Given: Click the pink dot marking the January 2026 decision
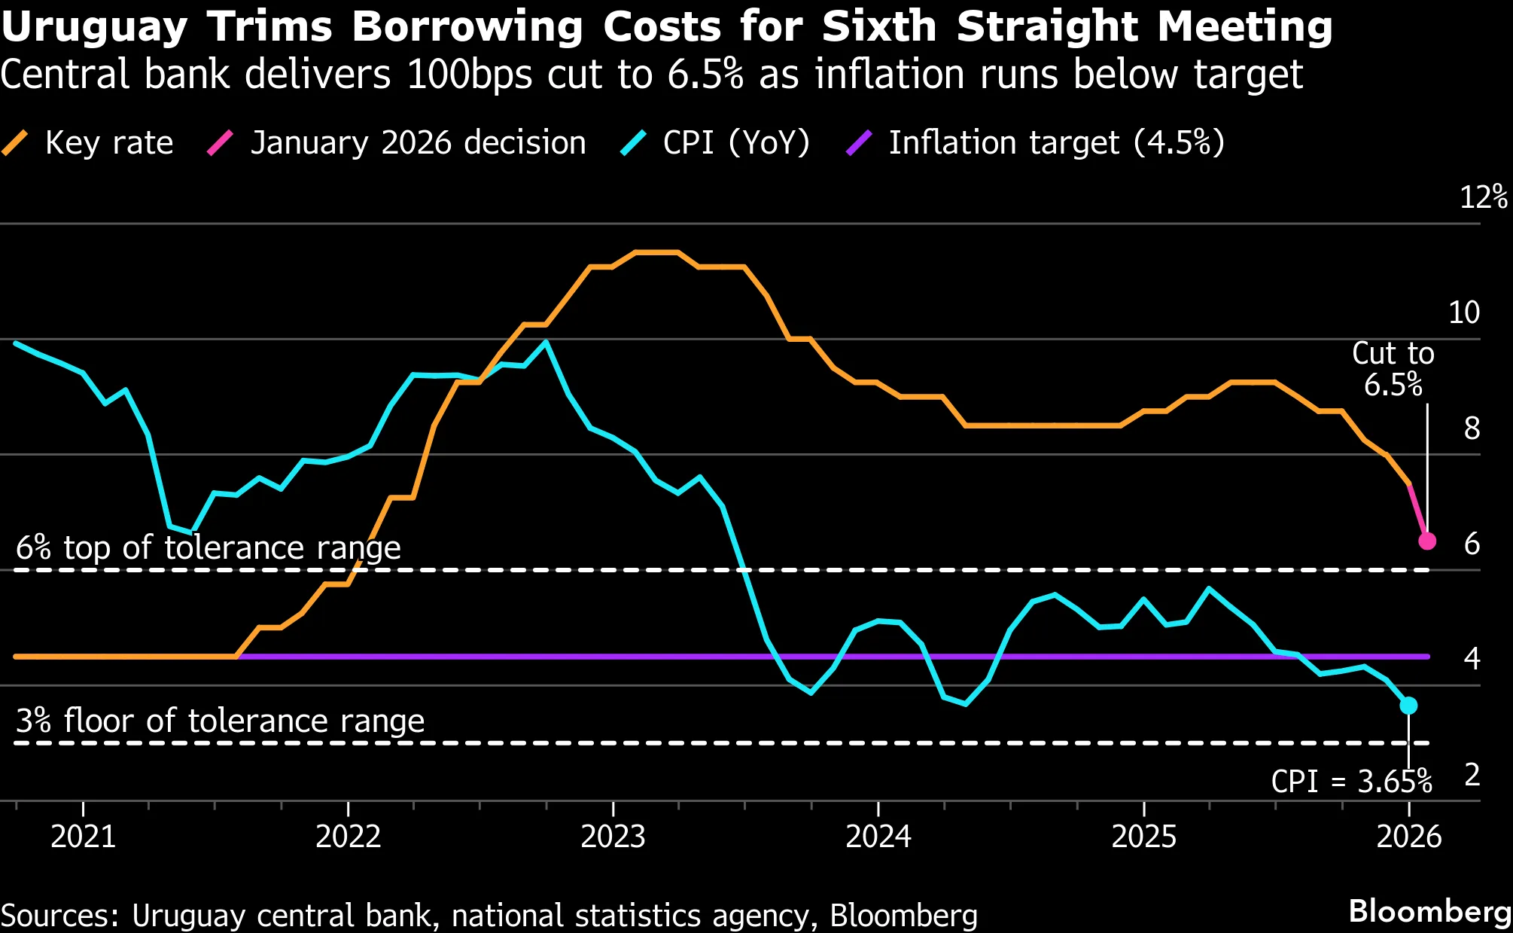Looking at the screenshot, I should [1427, 541].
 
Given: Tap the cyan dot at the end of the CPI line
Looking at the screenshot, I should [1408, 706].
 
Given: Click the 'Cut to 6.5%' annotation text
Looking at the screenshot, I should [1393, 369].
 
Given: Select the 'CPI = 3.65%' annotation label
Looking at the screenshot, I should [1351, 782].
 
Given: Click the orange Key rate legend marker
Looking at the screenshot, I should [15, 142].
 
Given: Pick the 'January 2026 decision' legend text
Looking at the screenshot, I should [418, 142].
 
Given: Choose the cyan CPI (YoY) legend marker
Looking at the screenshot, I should [634, 142].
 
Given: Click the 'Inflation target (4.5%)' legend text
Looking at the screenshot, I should [1056, 142].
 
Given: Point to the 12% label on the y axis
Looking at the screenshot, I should [1482, 197].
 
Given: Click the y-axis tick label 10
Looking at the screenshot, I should [1464, 313].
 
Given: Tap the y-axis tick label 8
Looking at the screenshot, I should [1472, 428].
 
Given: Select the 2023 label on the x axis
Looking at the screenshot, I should [613, 837].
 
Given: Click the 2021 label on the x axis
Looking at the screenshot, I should [83, 837].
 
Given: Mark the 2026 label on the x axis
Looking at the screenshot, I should [1408, 837].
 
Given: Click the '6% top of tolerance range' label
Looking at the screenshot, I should [209, 547].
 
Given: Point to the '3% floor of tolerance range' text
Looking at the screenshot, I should [220, 721].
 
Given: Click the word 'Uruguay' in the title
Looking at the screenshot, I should [94, 27].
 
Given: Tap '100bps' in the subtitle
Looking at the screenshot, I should [469, 75].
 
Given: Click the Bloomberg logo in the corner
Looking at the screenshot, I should [1429, 911].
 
